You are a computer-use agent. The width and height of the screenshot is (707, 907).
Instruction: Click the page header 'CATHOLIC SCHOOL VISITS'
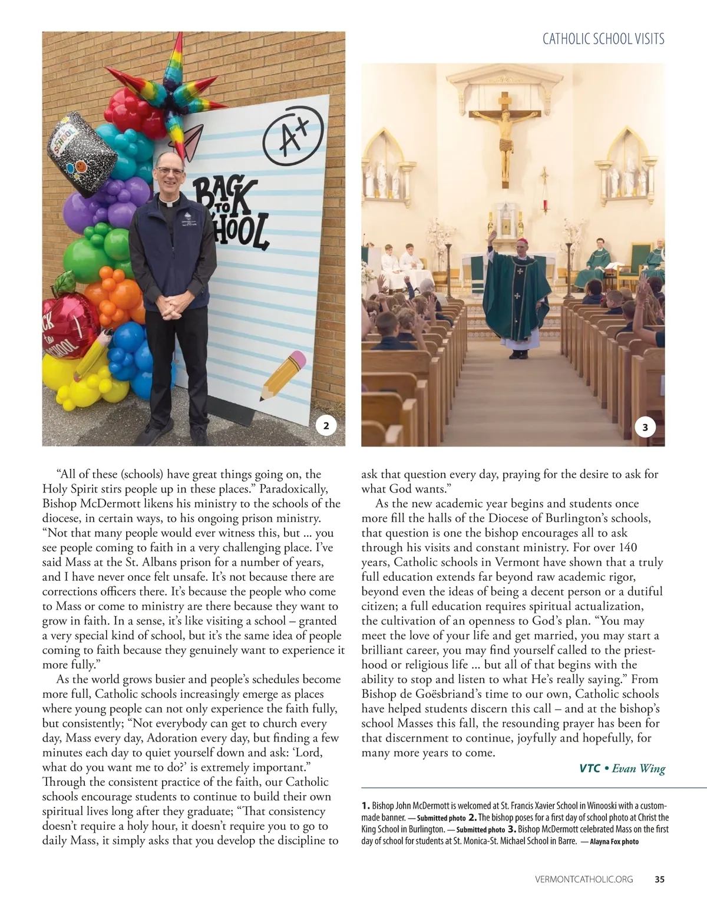coord(603,39)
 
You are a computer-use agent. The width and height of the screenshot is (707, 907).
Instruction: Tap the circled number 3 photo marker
coord(645,427)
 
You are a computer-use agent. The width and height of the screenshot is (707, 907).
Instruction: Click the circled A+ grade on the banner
coord(286,140)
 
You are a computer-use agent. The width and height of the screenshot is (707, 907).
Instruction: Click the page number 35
coord(659,879)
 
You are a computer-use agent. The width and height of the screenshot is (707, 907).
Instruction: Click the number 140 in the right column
coord(626,548)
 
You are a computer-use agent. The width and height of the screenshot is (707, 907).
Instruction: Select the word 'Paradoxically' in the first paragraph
coord(293,489)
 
